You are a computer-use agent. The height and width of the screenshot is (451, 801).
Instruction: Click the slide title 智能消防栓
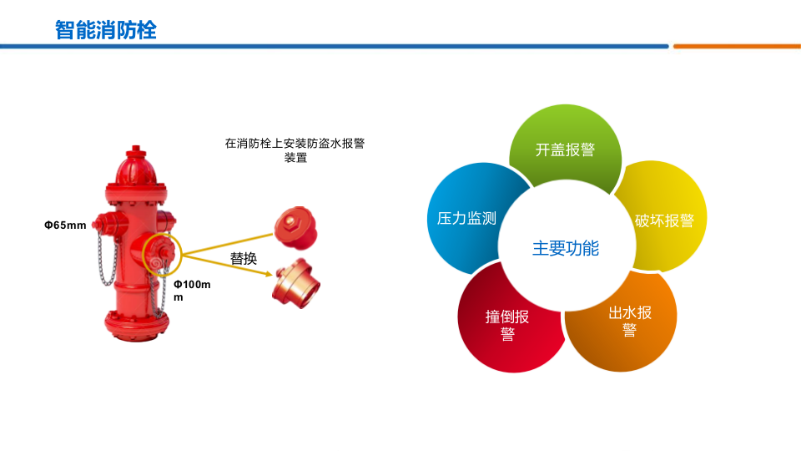click(105, 30)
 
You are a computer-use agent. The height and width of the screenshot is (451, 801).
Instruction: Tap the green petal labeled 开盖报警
click(565, 149)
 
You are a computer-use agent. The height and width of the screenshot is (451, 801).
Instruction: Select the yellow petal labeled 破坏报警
click(664, 220)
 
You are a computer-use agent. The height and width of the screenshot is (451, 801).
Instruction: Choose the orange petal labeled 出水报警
click(629, 322)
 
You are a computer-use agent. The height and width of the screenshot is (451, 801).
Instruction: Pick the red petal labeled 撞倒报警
click(507, 325)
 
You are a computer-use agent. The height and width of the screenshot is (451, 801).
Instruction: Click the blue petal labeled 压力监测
click(466, 218)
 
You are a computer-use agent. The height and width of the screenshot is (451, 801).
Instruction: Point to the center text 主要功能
click(565, 248)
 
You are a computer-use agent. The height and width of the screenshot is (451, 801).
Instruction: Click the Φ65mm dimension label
click(65, 225)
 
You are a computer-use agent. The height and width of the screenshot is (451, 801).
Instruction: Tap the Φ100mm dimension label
click(191, 291)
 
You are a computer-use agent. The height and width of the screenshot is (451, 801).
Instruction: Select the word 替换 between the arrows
click(243, 259)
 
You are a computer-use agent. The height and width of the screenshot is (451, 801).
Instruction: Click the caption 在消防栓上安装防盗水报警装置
click(295, 149)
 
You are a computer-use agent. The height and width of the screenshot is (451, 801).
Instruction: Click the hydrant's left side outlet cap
click(106, 223)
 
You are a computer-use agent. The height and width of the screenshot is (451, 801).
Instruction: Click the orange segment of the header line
click(736, 46)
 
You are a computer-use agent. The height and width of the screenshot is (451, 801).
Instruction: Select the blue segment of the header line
click(334, 46)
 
